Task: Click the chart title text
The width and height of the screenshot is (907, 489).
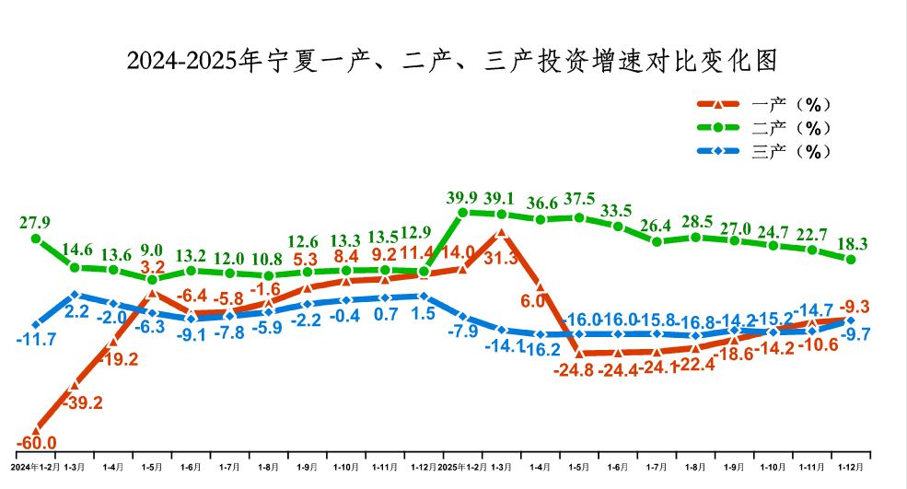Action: (452, 61)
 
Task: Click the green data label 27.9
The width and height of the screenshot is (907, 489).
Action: (35, 222)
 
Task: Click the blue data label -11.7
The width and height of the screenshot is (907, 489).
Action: (37, 340)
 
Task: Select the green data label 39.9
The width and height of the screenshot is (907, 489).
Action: (462, 198)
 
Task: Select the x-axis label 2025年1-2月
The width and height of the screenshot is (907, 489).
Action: (462, 468)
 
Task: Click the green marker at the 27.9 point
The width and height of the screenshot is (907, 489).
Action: (36, 239)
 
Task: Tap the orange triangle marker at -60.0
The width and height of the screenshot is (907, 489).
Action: (37, 427)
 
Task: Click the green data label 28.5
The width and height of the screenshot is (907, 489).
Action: (695, 221)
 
